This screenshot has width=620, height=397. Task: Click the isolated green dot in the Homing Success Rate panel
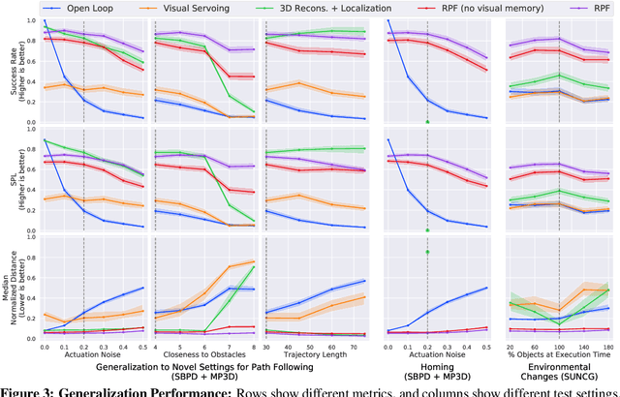click(427, 121)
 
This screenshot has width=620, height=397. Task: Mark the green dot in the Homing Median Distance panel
click(427, 252)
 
